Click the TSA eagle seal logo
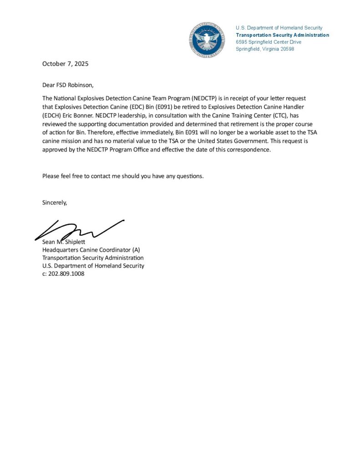(208, 40)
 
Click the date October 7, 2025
(65, 64)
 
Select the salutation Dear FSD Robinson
(67, 85)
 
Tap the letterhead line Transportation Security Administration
(282, 35)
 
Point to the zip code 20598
(285, 49)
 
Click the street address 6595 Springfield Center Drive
(269, 42)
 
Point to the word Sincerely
(55, 203)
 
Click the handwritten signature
(77, 229)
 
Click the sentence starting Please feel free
(123, 176)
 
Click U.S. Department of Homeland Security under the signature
(93, 266)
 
